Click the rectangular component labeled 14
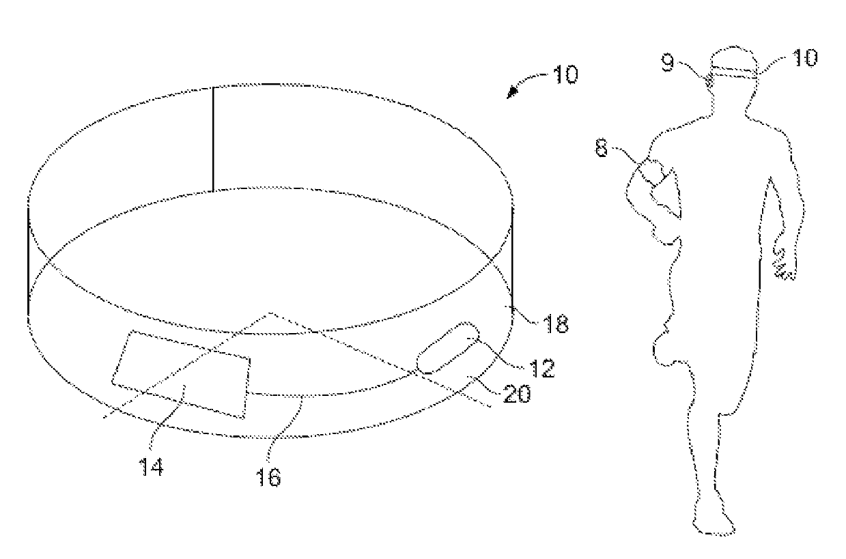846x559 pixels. [181, 373]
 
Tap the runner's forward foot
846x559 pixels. [713, 523]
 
